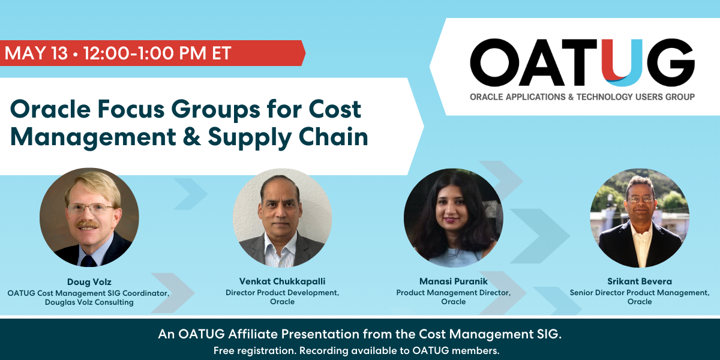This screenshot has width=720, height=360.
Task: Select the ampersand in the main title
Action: (x=186, y=137)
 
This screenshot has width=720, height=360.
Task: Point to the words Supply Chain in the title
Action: (x=288, y=137)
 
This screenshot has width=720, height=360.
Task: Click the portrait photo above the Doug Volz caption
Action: (x=89, y=217)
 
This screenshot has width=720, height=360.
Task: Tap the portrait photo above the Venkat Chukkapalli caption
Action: (x=282, y=217)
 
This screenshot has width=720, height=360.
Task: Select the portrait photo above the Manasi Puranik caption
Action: (x=453, y=217)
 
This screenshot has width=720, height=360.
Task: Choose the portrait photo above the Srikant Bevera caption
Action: (x=640, y=218)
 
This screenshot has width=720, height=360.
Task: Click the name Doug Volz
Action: (x=89, y=281)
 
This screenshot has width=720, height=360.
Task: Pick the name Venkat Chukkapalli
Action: (x=282, y=281)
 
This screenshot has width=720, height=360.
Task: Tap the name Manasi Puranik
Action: (x=453, y=281)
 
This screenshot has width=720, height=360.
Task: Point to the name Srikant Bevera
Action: (x=640, y=281)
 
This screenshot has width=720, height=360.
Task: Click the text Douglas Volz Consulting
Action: (x=89, y=302)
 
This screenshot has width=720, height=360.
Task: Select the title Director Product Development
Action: (x=282, y=292)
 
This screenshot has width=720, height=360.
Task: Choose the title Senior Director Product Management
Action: (x=640, y=292)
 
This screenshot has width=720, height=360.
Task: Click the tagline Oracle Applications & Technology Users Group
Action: (x=582, y=97)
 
